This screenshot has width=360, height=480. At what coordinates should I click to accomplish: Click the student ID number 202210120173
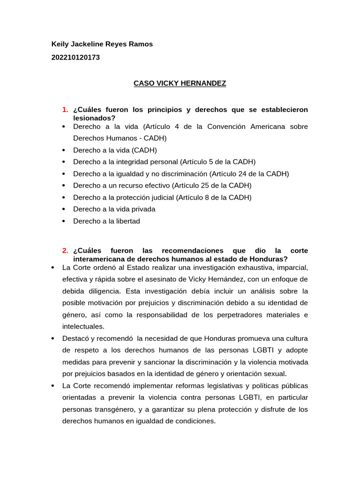[x=75, y=58]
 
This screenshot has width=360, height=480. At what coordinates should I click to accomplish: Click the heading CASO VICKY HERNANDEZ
[x=180, y=83]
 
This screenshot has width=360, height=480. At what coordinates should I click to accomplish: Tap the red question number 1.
[x=65, y=110]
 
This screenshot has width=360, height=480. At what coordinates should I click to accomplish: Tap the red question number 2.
[x=65, y=251]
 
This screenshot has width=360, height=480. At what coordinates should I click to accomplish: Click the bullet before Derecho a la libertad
[x=63, y=221]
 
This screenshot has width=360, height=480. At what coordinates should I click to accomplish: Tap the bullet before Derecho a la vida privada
[x=63, y=210]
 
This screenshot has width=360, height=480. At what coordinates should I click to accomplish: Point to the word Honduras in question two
[x=268, y=259]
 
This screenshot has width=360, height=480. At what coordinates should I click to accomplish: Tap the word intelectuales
[x=83, y=326]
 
